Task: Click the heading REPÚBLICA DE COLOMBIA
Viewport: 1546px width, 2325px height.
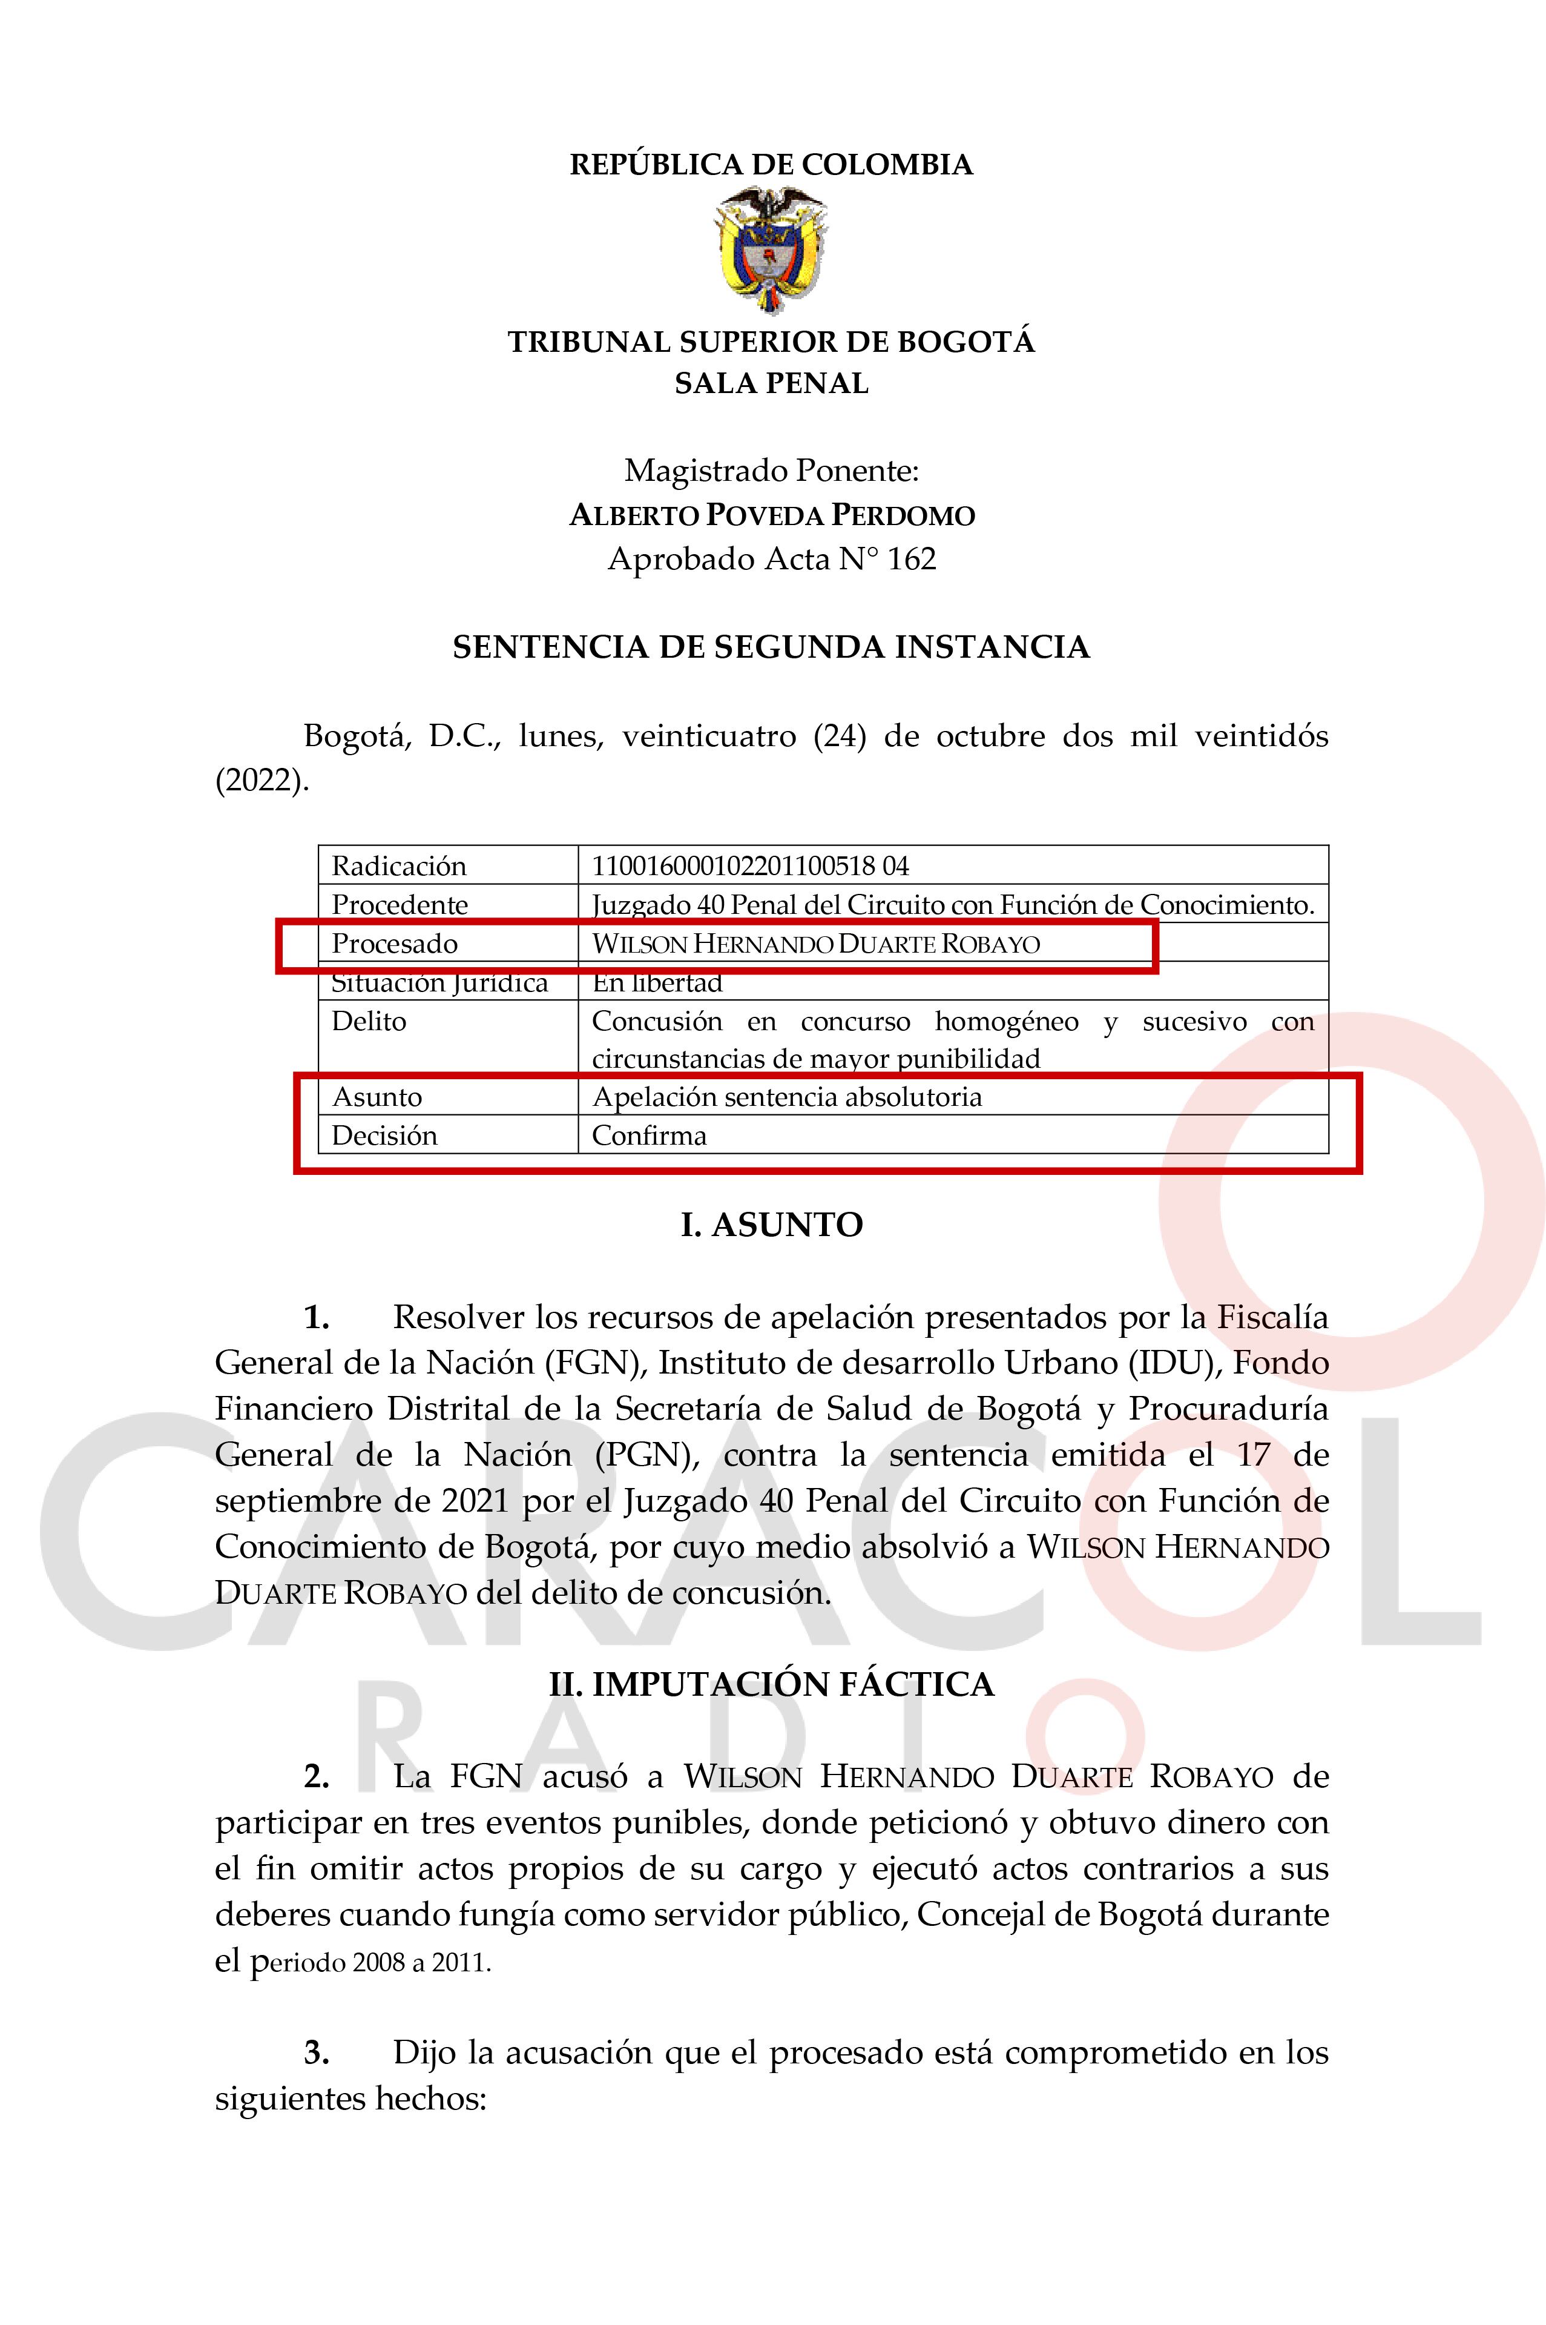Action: pyautogui.click(x=771, y=165)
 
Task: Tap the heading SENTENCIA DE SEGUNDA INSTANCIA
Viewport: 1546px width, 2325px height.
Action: pyautogui.click(x=771, y=647)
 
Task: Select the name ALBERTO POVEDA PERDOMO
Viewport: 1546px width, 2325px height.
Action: pyautogui.click(x=772, y=515)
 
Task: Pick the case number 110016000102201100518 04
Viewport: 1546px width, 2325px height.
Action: pyautogui.click(x=749, y=866)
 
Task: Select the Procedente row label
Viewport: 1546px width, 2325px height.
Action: pyautogui.click(x=400, y=905)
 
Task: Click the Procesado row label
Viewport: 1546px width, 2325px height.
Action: pyautogui.click(x=395, y=944)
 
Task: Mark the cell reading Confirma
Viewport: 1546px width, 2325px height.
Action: pyautogui.click(x=649, y=1136)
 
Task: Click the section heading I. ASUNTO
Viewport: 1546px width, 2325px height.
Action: pyautogui.click(x=771, y=1225)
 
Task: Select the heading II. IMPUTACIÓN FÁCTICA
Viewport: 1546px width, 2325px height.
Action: pyautogui.click(x=771, y=1684)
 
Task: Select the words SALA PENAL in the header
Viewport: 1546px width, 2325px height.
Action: pyautogui.click(x=771, y=384)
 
